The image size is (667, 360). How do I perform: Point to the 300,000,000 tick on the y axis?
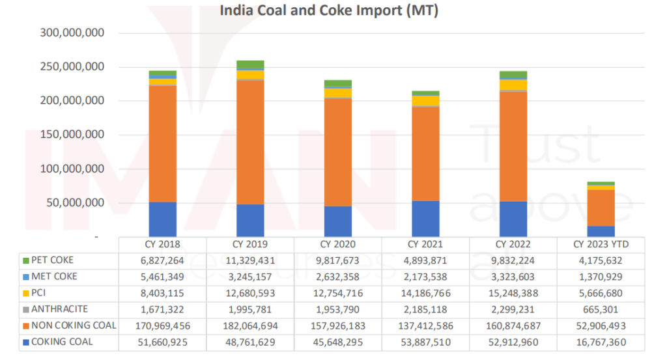[x=72, y=33]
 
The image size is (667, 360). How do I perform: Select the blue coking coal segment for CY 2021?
[x=425, y=219]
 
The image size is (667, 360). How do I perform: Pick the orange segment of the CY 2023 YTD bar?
[x=601, y=208]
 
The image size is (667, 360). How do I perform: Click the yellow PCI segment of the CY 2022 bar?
[x=513, y=85]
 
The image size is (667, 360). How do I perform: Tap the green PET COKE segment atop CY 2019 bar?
[x=250, y=64]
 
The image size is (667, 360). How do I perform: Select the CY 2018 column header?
[x=162, y=245]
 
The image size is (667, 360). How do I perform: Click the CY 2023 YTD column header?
[x=601, y=245]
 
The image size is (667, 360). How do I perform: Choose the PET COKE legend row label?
[x=53, y=260]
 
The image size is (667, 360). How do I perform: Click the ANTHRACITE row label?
[x=59, y=309]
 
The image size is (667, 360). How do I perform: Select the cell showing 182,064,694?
[x=250, y=325]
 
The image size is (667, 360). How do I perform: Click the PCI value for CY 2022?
[x=513, y=293]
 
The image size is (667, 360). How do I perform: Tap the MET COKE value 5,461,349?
[x=162, y=277]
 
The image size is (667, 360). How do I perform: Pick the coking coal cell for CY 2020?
[x=337, y=342]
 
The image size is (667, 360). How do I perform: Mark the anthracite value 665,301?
[x=601, y=309]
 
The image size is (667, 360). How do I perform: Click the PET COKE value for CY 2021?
[x=425, y=260]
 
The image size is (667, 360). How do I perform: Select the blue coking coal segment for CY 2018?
[x=162, y=219]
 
